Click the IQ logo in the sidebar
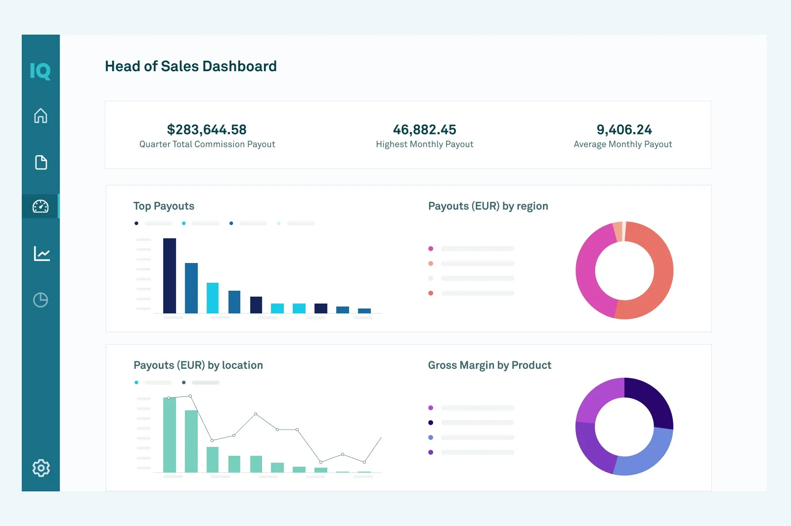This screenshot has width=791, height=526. point(40,71)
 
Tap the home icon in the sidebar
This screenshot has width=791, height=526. point(41,116)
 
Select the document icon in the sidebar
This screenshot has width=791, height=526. point(41,162)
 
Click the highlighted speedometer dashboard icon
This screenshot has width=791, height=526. point(41,206)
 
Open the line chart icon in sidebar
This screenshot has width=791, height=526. point(42,254)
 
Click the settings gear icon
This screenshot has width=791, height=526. point(41,468)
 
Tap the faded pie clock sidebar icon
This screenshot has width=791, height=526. point(41,300)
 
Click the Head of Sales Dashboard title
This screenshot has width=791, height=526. point(190,66)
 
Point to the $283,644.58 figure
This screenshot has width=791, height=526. point(207,130)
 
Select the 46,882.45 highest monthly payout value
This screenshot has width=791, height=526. point(424,130)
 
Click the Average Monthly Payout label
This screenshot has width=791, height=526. point(622,144)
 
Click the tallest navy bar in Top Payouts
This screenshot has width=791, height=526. point(170,276)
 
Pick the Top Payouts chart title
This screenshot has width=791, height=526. point(164,206)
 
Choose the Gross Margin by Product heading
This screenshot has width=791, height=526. point(489,365)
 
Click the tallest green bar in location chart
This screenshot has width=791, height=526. point(170,435)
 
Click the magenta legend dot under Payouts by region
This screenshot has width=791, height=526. point(431,249)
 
